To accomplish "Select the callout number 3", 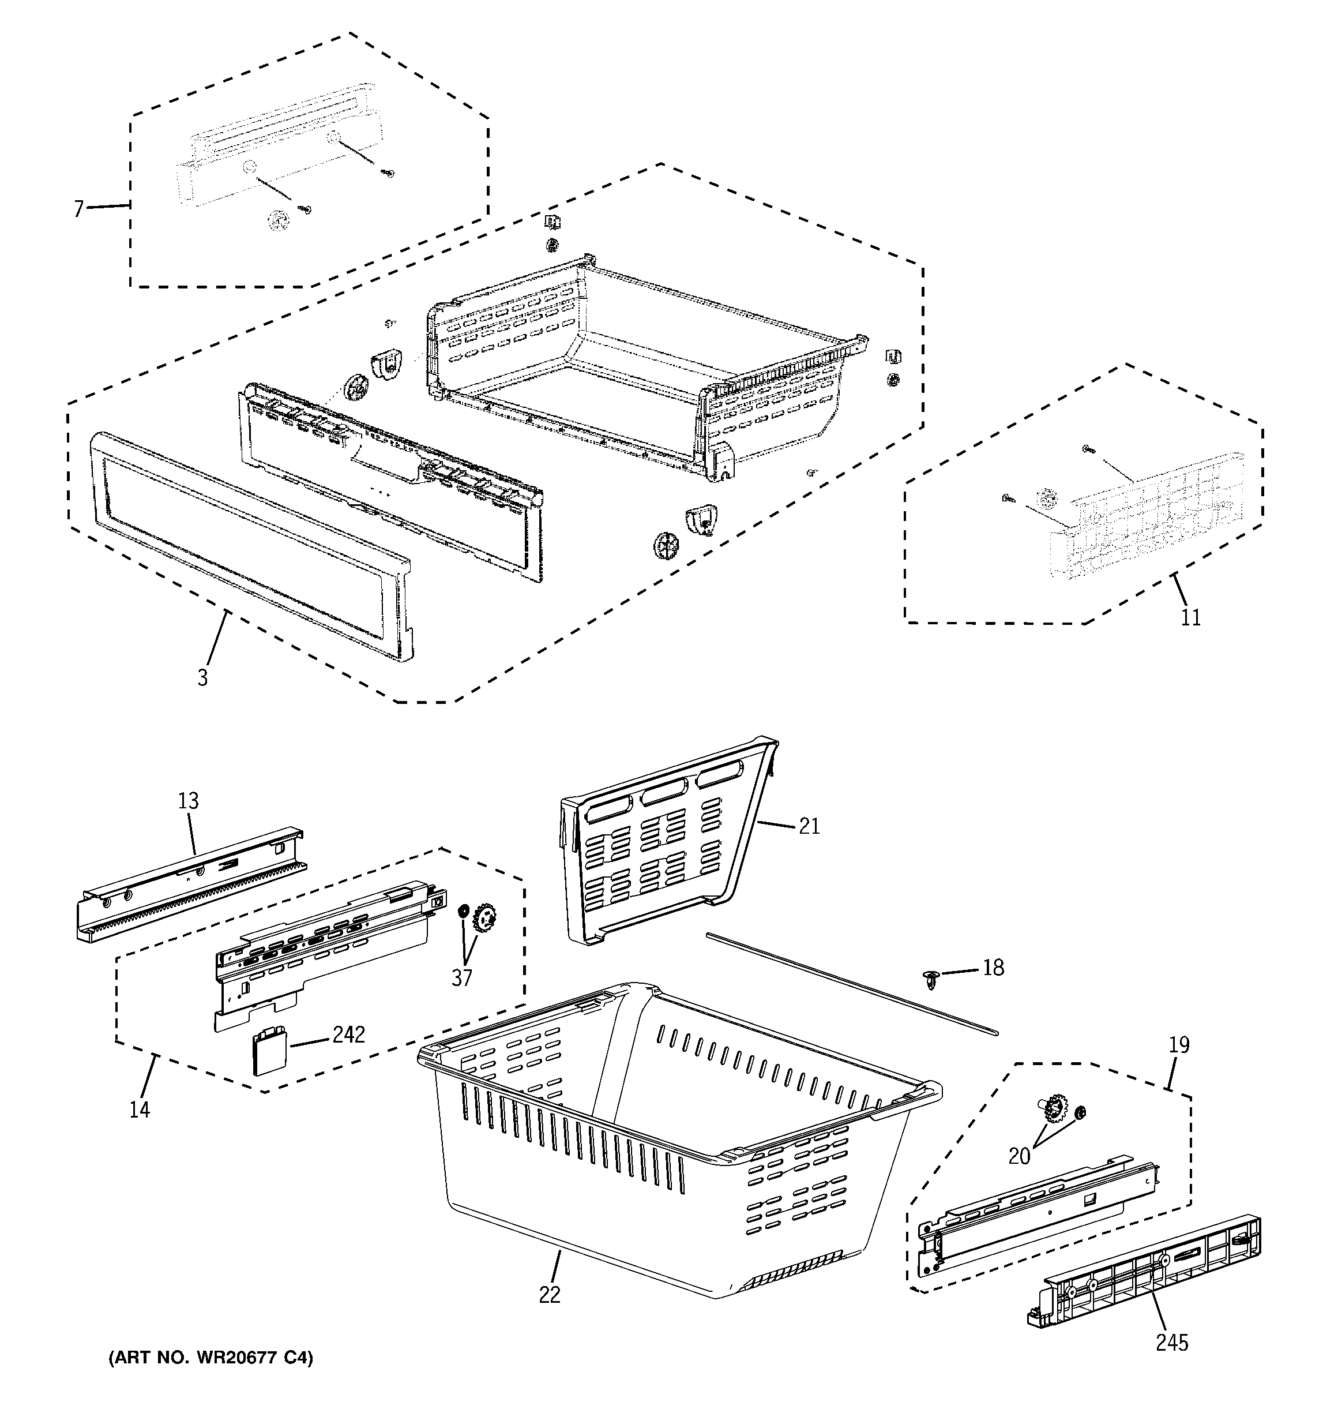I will click(202, 677).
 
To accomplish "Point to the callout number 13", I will click(188, 800).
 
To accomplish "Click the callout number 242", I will click(348, 1035).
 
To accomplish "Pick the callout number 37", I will click(462, 977).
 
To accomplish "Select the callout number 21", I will click(809, 826).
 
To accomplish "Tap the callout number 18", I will click(993, 968).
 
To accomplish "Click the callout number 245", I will click(1172, 1342).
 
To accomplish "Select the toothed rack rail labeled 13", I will click(190, 885).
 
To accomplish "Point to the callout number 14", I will click(140, 1109).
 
